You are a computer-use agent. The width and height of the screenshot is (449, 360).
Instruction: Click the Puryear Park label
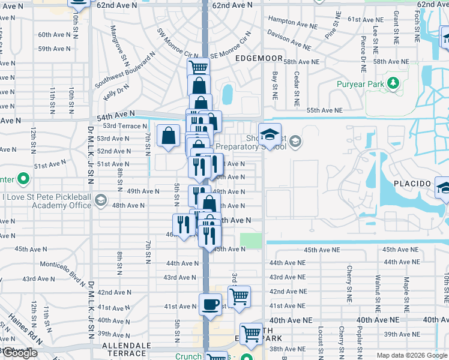tap(360, 85)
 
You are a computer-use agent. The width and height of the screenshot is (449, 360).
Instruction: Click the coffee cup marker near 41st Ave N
tap(209, 305)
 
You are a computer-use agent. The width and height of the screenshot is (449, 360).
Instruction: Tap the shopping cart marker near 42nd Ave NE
tap(239, 296)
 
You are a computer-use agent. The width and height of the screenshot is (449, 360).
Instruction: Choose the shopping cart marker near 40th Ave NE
tap(251, 334)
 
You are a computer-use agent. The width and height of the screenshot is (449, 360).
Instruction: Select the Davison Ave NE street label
tap(289, 41)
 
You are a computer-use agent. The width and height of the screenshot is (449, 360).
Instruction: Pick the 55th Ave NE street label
tap(324, 111)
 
